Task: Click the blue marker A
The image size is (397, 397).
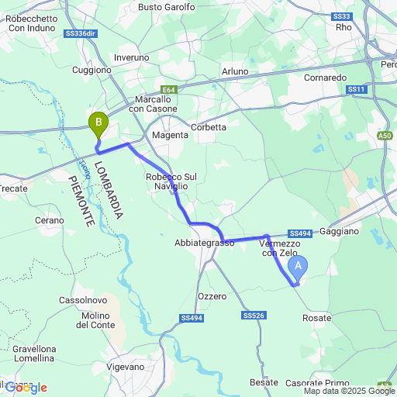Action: click(x=297, y=267)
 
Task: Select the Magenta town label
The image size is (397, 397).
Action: click(x=170, y=135)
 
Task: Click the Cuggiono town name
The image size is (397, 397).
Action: click(x=91, y=70)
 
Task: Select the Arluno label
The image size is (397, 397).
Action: click(x=235, y=71)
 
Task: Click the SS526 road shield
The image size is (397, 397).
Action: click(x=254, y=316)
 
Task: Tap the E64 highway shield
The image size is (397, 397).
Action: click(x=170, y=90)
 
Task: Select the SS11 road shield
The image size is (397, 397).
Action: click(x=357, y=91)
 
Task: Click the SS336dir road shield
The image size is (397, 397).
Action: click(x=81, y=34)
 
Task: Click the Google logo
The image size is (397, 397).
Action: click(x=25, y=388)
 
